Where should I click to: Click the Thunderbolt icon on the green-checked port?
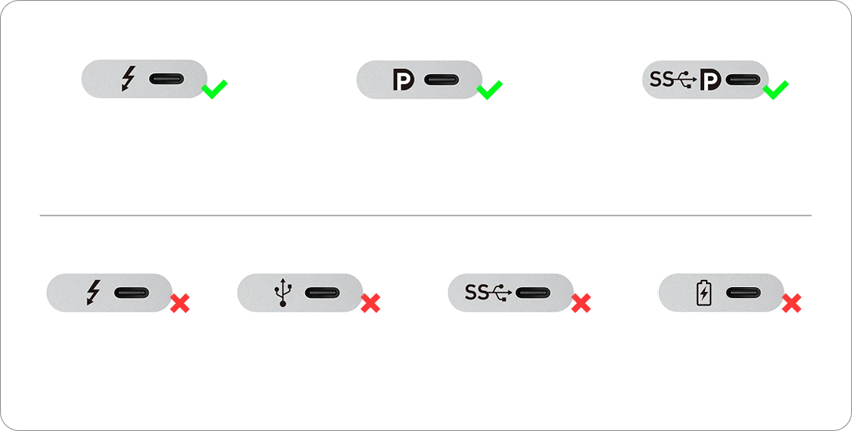click(129, 79)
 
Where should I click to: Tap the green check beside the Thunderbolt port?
click(214, 89)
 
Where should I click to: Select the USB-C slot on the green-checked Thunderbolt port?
click(167, 79)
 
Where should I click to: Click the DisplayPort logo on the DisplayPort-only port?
click(403, 80)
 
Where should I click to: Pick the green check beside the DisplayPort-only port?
click(489, 90)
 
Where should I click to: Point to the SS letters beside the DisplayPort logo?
click(662, 80)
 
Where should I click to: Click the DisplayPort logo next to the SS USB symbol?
click(711, 80)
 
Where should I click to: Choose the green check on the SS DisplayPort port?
click(776, 90)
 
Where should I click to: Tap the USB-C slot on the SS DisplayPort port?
click(743, 80)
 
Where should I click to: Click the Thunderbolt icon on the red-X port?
click(94, 293)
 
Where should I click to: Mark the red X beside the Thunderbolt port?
click(180, 303)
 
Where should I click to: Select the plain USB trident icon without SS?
click(283, 293)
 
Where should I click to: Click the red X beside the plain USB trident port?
click(370, 303)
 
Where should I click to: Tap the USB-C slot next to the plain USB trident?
click(322, 293)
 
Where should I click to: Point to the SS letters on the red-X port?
click(477, 293)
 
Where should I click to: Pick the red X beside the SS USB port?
click(581, 303)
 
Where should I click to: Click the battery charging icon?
click(703, 293)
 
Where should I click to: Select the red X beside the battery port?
click(792, 303)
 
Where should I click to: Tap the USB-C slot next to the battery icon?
click(743, 293)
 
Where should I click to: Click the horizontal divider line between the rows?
click(425, 215)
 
